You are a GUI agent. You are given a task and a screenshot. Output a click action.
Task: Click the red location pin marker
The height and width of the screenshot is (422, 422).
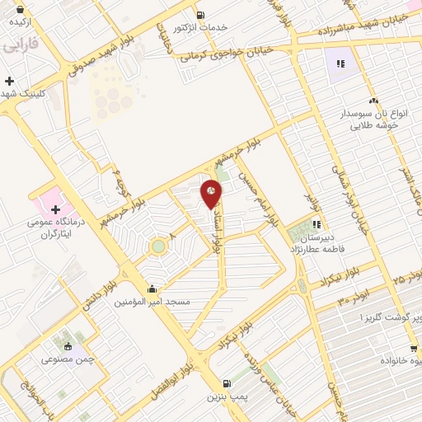click(x=211, y=194)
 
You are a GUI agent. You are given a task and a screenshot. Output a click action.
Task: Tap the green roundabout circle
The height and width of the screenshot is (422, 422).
click(x=157, y=245)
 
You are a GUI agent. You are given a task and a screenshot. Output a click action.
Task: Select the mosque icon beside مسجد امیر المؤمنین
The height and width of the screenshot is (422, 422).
click(x=152, y=289)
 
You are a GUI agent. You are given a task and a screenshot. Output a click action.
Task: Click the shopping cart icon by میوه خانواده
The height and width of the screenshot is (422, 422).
click(x=415, y=348)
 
